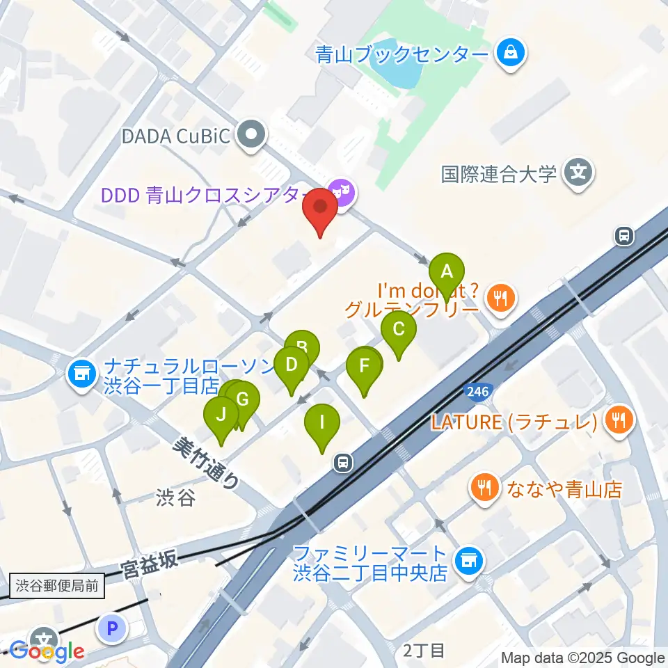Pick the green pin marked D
(292, 367)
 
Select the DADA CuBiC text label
(175, 136)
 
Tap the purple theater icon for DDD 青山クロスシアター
(340, 189)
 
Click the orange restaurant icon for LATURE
(616, 421)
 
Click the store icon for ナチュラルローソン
(82, 374)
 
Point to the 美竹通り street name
(207, 463)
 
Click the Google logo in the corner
(46, 651)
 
